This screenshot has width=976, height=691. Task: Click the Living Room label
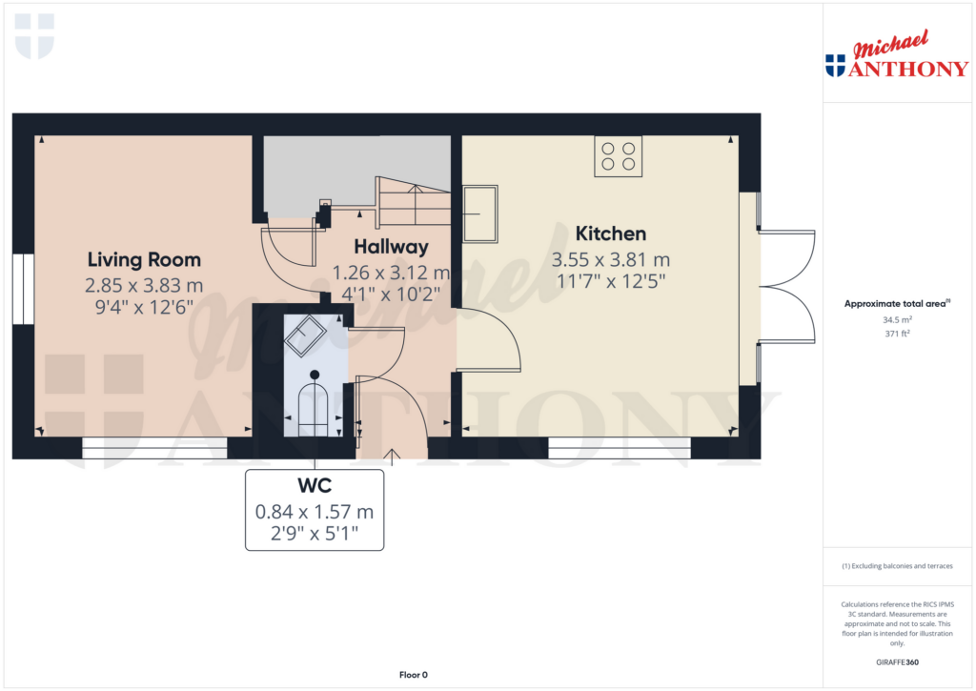click(144, 259)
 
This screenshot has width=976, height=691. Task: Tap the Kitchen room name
click(611, 234)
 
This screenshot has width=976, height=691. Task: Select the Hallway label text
click(391, 247)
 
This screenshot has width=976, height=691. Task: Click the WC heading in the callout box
click(315, 485)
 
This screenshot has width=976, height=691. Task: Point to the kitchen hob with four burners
click(618, 156)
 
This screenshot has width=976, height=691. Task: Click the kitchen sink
click(480, 213)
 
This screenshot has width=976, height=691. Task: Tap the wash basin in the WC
click(305, 336)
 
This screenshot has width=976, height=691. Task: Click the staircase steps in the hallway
click(414, 200)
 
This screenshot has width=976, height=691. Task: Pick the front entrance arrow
click(392, 457)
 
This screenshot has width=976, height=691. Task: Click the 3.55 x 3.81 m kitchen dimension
click(611, 259)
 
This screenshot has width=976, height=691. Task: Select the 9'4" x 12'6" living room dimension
click(144, 307)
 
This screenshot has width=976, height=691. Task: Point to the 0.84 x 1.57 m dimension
click(315, 512)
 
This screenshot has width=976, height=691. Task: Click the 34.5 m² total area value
click(897, 319)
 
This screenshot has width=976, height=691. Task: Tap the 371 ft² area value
click(897, 334)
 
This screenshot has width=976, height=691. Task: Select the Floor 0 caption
click(414, 675)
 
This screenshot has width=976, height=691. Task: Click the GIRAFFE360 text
click(897, 662)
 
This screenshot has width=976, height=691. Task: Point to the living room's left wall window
click(23, 289)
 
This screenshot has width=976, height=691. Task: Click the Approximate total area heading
click(897, 304)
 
